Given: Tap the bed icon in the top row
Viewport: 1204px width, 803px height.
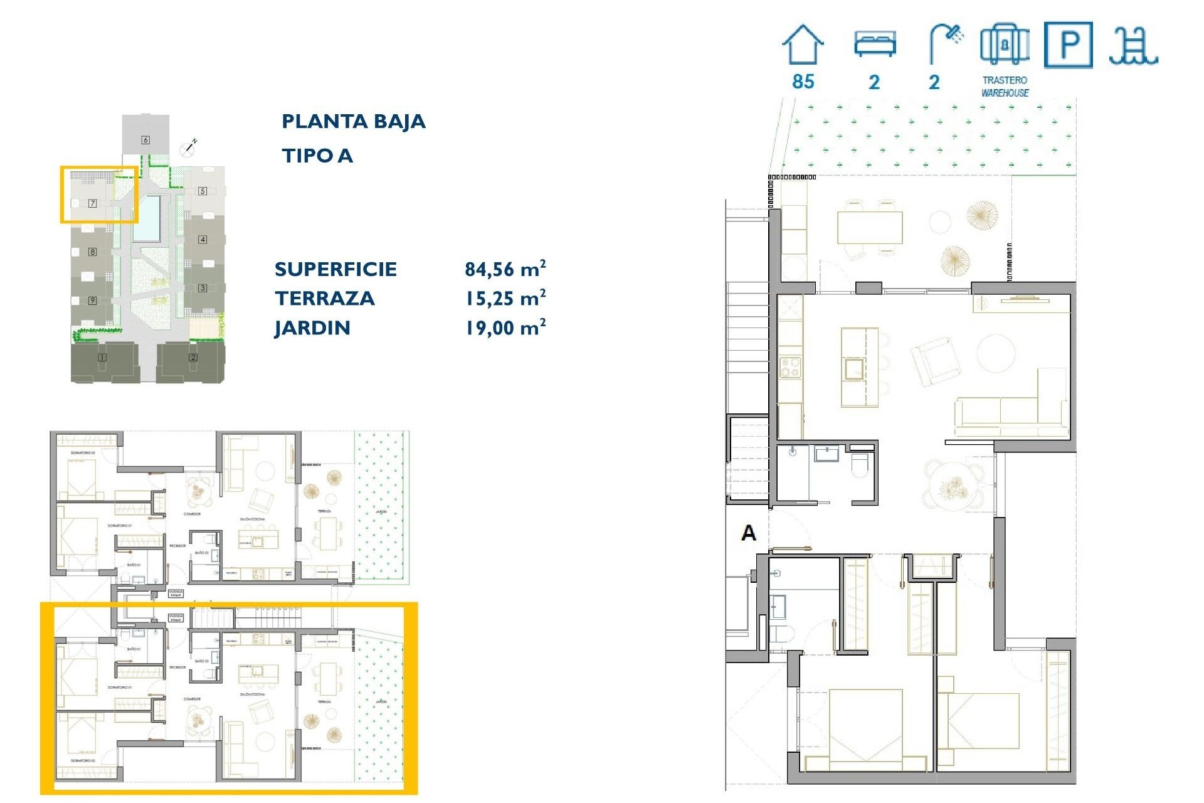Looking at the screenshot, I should pos(875,44).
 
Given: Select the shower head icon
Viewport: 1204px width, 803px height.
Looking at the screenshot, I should pos(946,43).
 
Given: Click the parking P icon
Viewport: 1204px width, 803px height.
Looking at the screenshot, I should pos(1068,45).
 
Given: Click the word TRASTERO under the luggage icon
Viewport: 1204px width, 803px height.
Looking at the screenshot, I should pos(1004,80).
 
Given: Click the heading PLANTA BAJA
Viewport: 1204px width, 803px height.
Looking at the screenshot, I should pos(353,121).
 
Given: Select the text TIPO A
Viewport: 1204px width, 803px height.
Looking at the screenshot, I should pos(317,156).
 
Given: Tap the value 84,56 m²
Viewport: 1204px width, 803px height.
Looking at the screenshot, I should pos(505,269).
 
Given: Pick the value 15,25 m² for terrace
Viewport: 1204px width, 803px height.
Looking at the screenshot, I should pos(505,299).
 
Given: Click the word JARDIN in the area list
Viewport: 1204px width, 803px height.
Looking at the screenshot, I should pos(312,328).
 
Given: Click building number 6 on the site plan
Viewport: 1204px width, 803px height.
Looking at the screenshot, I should pos(145,140).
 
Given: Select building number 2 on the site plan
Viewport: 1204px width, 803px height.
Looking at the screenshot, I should pos(193,358).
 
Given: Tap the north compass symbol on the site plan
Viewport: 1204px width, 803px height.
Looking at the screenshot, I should pos(188,148).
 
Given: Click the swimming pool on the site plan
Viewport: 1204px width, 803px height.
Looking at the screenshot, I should pos(146,218).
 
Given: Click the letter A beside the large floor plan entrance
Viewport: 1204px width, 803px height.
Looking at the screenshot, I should pos(748,533).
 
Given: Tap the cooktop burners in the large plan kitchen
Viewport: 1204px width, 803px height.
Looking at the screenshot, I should pos(789,367).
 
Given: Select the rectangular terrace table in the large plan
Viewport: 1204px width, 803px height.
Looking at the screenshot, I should pos(870,227).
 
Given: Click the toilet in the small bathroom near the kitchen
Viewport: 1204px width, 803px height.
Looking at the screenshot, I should pos(859,465).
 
